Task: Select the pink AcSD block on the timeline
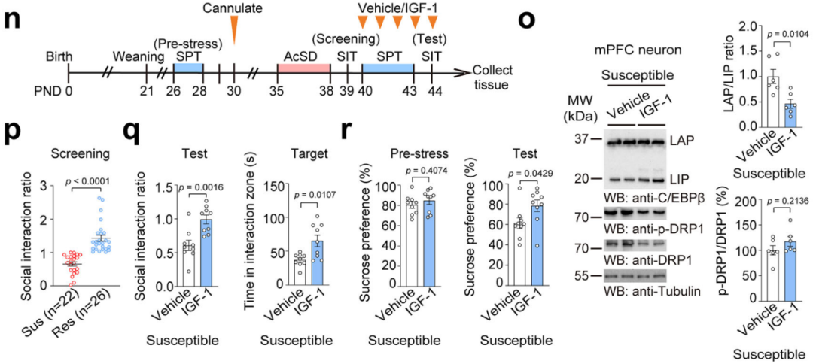tap(303, 68)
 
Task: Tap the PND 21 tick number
tap(146, 91)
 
